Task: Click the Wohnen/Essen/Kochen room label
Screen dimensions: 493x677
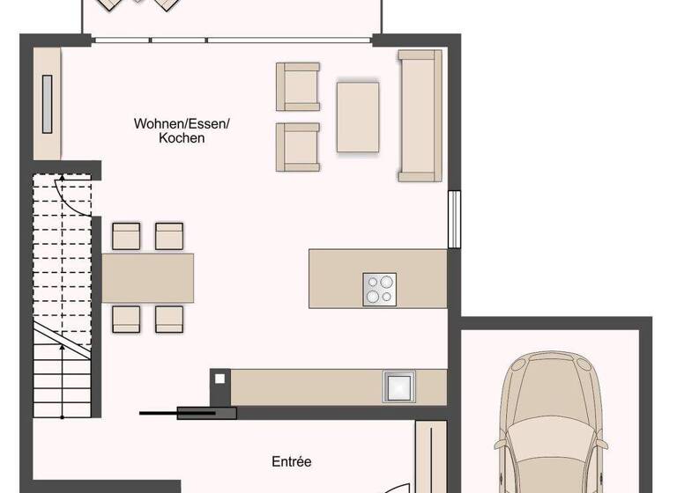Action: [x=182, y=131]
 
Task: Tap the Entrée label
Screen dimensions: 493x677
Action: [x=291, y=461]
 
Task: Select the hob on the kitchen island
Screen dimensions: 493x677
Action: [x=379, y=290]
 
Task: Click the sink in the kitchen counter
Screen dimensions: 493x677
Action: [x=398, y=386]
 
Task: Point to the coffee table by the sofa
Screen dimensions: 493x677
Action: [x=357, y=117]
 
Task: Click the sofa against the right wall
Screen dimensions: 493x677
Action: [x=420, y=115]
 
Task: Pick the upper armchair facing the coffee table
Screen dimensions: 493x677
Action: [x=297, y=86]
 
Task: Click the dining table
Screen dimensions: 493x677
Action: [x=148, y=278]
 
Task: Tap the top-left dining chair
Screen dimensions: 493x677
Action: [x=127, y=236]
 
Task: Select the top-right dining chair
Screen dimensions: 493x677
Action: [x=169, y=236]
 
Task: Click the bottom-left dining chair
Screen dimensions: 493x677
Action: [x=127, y=319]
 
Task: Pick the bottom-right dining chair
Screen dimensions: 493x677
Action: [x=169, y=319]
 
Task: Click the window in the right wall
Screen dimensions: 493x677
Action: [x=454, y=219]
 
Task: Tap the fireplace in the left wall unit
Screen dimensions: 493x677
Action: [x=47, y=104]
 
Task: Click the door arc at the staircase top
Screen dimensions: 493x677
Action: [x=76, y=194]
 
